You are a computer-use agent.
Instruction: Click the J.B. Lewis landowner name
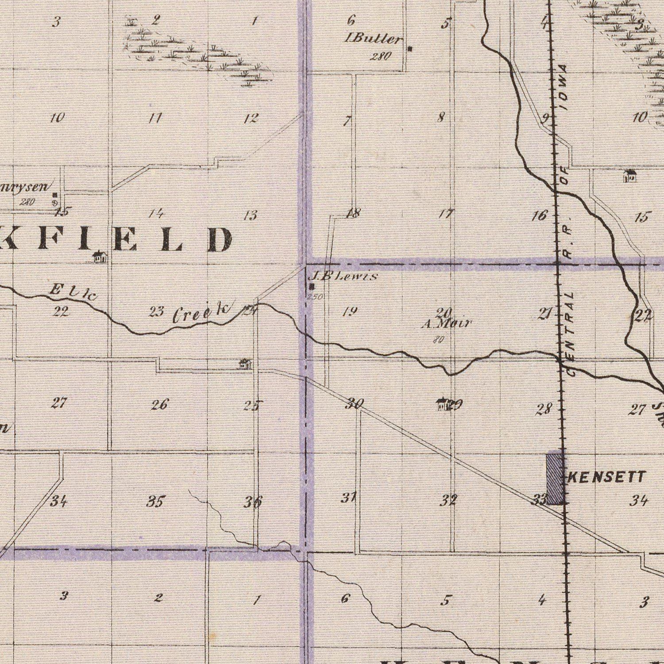point(344,277)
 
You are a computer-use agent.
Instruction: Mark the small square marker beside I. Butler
point(410,49)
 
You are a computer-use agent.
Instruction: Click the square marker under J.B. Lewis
point(311,286)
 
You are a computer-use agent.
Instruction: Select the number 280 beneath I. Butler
point(381,56)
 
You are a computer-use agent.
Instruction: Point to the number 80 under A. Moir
point(438,340)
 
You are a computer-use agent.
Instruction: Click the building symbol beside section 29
point(442,403)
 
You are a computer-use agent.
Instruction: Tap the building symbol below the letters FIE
point(100,256)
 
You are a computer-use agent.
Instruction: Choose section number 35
point(156,502)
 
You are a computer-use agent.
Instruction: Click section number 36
point(253,502)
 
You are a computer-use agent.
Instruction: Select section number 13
point(251,216)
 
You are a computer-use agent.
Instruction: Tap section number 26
point(160,405)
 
